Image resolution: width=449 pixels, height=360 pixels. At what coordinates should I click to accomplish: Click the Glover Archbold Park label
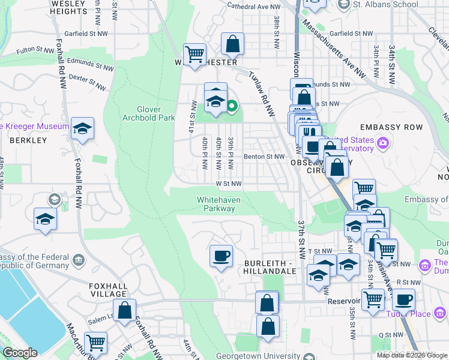point(147,113)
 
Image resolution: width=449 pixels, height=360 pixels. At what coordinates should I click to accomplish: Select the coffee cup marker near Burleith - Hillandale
point(221,256)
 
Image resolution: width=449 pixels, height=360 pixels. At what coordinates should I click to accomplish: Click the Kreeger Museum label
point(35,127)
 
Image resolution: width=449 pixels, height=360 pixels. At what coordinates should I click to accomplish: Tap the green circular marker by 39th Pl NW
point(232,108)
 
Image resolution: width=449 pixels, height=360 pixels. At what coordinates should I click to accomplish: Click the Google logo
point(19,353)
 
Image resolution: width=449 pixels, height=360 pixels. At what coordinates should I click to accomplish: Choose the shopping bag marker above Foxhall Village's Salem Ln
point(125,311)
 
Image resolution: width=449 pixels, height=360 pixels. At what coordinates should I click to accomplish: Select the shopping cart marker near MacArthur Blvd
point(95,343)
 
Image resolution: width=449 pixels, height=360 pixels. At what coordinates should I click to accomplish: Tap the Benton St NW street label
point(264,157)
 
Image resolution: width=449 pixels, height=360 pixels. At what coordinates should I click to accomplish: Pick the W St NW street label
point(229,184)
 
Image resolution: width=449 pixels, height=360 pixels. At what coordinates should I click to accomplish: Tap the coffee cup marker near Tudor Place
point(403,299)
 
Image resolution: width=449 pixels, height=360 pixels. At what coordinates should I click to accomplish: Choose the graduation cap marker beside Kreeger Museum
point(82,129)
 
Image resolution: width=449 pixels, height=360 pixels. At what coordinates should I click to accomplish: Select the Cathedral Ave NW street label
point(254,6)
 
